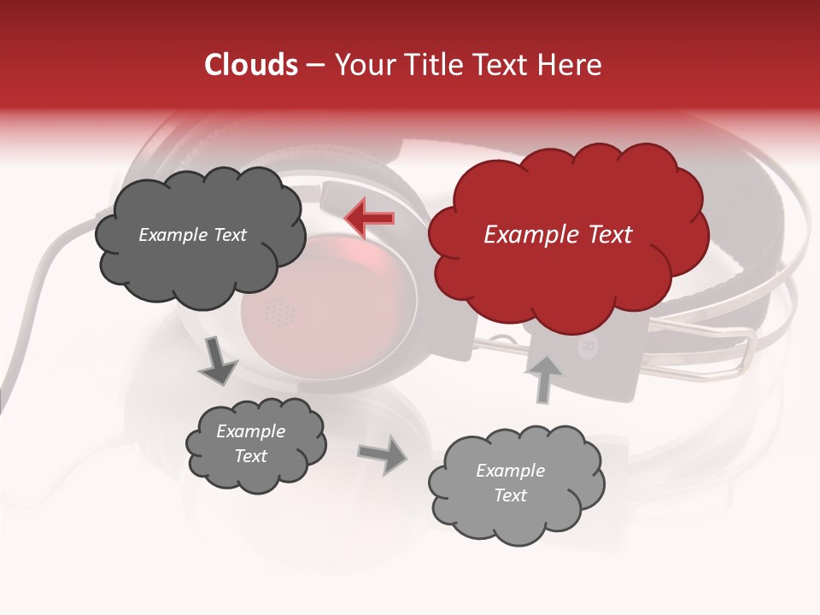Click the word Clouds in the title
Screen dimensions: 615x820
pyautogui.click(x=251, y=65)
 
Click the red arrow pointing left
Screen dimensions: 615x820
pyautogui.click(x=369, y=218)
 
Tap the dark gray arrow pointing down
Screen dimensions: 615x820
pyautogui.click(x=219, y=361)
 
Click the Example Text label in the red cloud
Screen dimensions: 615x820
pyautogui.click(x=558, y=235)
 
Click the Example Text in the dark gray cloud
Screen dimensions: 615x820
pyautogui.click(x=192, y=235)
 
